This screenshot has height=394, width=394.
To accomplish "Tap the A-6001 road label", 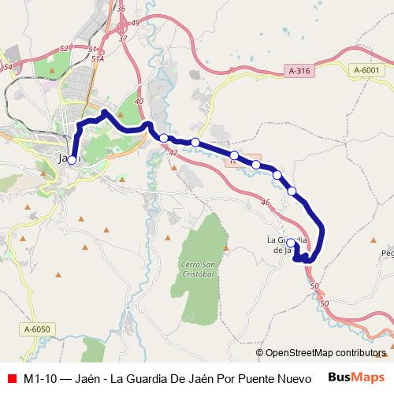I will coord(366,71).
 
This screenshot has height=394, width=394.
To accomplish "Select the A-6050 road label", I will coord(36,329).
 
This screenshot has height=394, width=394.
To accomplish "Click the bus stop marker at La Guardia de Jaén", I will coord(291,243).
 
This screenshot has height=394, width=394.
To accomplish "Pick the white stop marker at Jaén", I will coord(72,160).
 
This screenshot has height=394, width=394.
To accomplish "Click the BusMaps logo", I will coord(358,377).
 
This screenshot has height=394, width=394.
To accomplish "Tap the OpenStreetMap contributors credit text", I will coord(325,353).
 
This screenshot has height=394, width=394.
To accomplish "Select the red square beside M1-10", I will coord(11,378).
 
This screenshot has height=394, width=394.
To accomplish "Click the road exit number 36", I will coord(121,9).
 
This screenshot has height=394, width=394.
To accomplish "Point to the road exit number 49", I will coord(135,22).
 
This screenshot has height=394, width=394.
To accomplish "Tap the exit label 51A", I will coord(98,58).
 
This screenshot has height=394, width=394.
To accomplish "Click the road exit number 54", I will coord(7,68).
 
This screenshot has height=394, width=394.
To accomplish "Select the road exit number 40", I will coord(139,102).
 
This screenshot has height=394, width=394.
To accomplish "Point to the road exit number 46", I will coord(265,203).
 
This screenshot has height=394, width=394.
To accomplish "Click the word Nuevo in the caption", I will coord(294,378).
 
